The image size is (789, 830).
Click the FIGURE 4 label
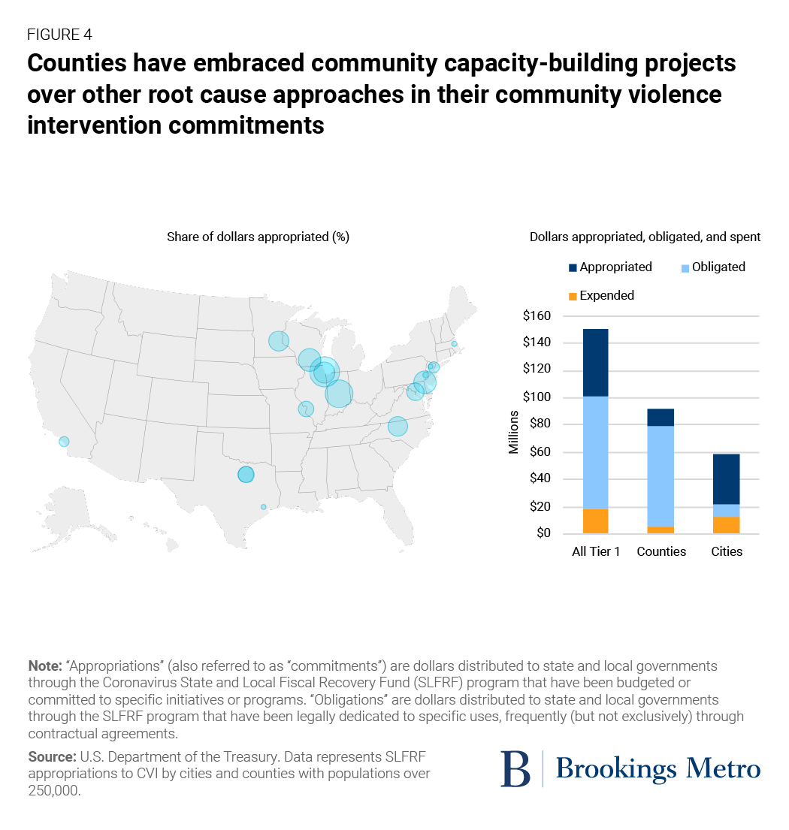[x=59, y=34]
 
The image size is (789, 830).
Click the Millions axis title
[x=514, y=432]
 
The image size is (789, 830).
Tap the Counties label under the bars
[x=661, y=551]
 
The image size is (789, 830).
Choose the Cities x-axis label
[x=727, y=551]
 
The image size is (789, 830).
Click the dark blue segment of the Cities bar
[x=727, y=478]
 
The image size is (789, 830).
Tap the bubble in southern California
[x=64, y=442]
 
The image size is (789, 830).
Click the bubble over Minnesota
[x=279, y=341]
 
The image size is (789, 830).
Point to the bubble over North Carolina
[x=398, y=427]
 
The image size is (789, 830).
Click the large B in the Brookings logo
[x=515, y=768]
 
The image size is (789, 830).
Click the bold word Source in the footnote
[x=50, y=755]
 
